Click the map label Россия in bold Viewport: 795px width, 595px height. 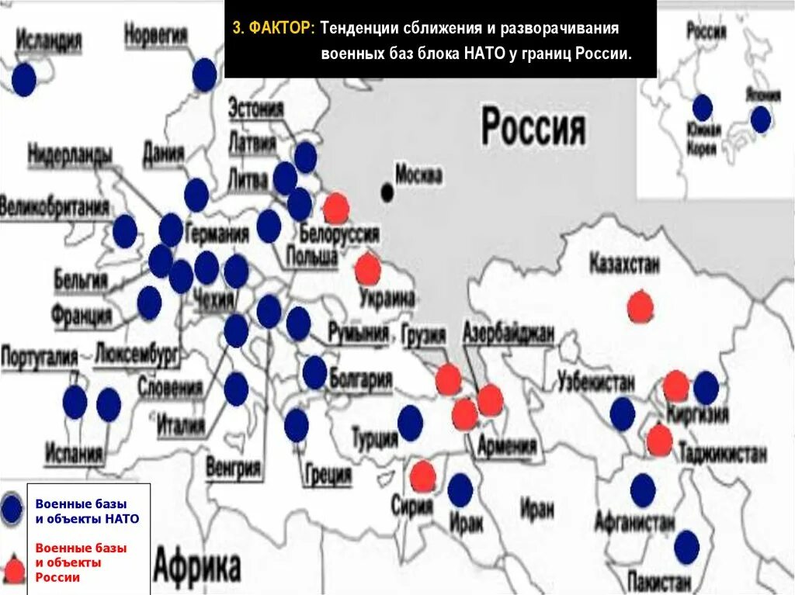533,128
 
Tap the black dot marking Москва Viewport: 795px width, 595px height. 387,191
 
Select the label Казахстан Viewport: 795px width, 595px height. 624,264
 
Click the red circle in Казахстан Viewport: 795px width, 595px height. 640,306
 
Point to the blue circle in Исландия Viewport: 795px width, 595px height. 24,79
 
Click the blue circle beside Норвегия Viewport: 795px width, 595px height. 204,74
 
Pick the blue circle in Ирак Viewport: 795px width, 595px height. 460,490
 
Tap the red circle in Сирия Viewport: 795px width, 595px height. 423,476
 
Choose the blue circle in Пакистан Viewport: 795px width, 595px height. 686,548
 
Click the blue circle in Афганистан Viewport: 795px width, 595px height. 643,490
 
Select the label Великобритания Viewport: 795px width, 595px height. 54,208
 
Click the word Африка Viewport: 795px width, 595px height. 197,566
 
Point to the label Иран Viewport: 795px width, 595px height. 537,509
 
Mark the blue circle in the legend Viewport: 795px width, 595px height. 12,509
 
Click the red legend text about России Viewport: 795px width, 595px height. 81,562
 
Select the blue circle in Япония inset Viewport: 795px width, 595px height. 760,119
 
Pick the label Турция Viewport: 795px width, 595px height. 374,438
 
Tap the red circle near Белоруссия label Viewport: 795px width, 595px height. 335,208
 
